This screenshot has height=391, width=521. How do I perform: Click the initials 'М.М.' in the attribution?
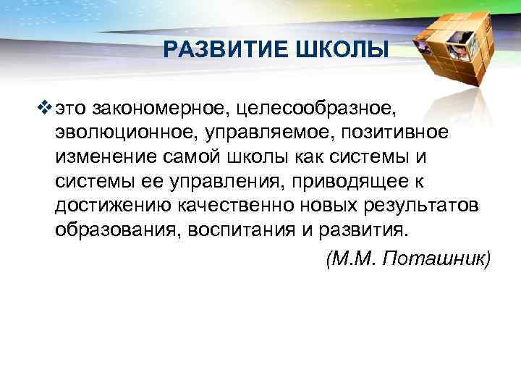(x=356, y=258)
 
